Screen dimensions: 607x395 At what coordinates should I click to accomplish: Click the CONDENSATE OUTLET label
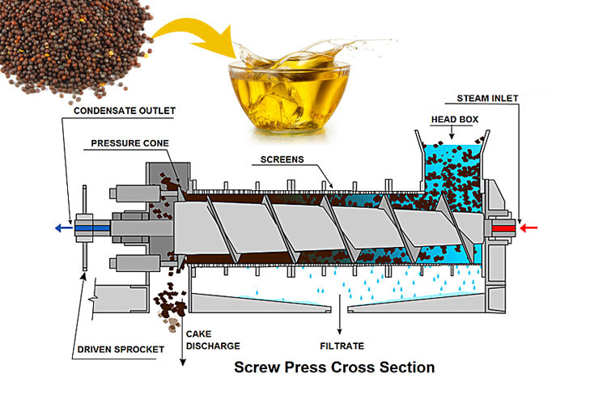[125, 111]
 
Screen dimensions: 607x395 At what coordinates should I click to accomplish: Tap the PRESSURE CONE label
[129, 143]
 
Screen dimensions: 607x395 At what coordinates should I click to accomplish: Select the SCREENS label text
[282, 159]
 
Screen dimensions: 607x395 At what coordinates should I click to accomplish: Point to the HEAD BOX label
[455, 119]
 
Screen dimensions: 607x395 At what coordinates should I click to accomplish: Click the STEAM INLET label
[487, 99]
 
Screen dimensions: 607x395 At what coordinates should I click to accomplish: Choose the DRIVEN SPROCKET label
[121, 350]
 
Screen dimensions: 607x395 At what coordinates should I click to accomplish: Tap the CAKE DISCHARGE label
[213, 340]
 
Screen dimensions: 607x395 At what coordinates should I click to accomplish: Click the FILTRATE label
[342, 346]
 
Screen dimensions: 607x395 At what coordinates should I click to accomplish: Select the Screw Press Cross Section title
[334, 367]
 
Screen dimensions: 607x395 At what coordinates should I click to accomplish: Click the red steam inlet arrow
[528, 227]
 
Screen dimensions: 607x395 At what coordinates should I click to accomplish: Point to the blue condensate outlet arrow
[64, 228]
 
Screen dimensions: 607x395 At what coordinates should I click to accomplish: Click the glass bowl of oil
[289, 97]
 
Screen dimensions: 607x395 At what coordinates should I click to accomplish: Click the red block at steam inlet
[503, 228]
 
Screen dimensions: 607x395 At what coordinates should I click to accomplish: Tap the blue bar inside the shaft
[92, 228]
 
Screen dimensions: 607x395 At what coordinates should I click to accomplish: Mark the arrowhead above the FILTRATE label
[339, 331]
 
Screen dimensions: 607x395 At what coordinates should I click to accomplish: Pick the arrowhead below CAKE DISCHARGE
[183, 362]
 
